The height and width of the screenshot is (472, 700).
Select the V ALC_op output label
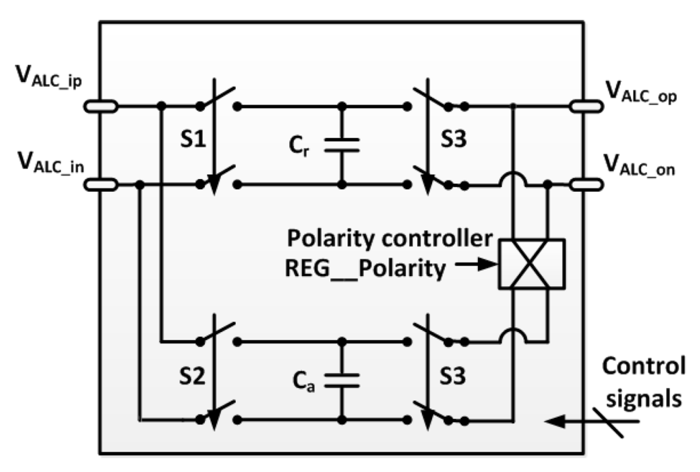[641, 92]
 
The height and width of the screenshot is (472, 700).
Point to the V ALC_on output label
[641, 167]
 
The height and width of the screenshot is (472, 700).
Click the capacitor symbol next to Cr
[341, 145]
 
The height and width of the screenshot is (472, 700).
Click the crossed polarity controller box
[531, 264]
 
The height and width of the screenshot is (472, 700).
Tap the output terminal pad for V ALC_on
[587, 184]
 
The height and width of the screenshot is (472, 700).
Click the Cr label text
[296, 145]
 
